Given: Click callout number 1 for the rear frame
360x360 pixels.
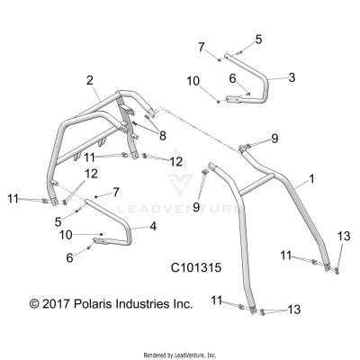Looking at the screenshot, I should tap(311, 181).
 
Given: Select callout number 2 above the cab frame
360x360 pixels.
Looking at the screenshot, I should tap(90, 81).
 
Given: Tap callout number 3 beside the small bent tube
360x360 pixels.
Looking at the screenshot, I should tap(292, 78).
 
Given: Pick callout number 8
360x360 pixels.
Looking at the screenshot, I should tap(163, 135).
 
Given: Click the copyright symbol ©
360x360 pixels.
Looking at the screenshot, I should tap(35, 305).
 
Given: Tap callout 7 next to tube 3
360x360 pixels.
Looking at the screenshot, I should tap(202, 46).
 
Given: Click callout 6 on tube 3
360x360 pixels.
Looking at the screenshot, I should tap(232, 78).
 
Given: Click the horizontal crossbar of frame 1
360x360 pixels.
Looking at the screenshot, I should tap(261, 186).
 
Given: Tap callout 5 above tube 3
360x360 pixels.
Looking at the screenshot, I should tap(258, 39).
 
